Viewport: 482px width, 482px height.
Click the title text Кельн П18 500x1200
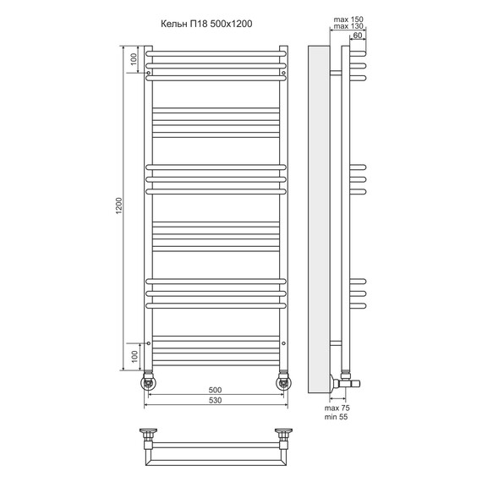pos(206,24)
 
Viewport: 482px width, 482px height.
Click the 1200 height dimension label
pos(119,205)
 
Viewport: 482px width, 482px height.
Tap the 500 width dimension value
pos(215,390)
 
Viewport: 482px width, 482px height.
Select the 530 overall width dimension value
pos(215,400)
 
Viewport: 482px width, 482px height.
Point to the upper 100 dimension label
pos(134,59)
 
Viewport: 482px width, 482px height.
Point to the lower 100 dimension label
pos(134,357)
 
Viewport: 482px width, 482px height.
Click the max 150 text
pos(348,19)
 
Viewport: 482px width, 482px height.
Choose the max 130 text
pos(348,26)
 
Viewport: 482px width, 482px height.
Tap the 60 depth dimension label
pos(358,36)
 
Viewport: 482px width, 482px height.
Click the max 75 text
pos(337,408)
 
